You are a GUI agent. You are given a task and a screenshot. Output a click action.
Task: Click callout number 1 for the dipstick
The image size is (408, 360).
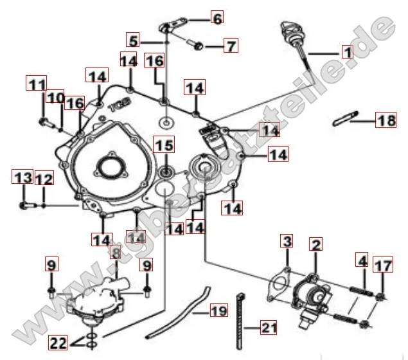click(346, 51)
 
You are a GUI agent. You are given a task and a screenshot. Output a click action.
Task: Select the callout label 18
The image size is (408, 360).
click(386, 120)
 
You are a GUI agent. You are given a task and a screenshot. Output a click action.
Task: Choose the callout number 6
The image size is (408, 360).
click(217, 19)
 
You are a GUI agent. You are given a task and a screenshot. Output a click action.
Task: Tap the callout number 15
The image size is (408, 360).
click(165, 146)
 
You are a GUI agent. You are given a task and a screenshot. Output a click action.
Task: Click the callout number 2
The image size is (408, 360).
click(315, 245)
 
